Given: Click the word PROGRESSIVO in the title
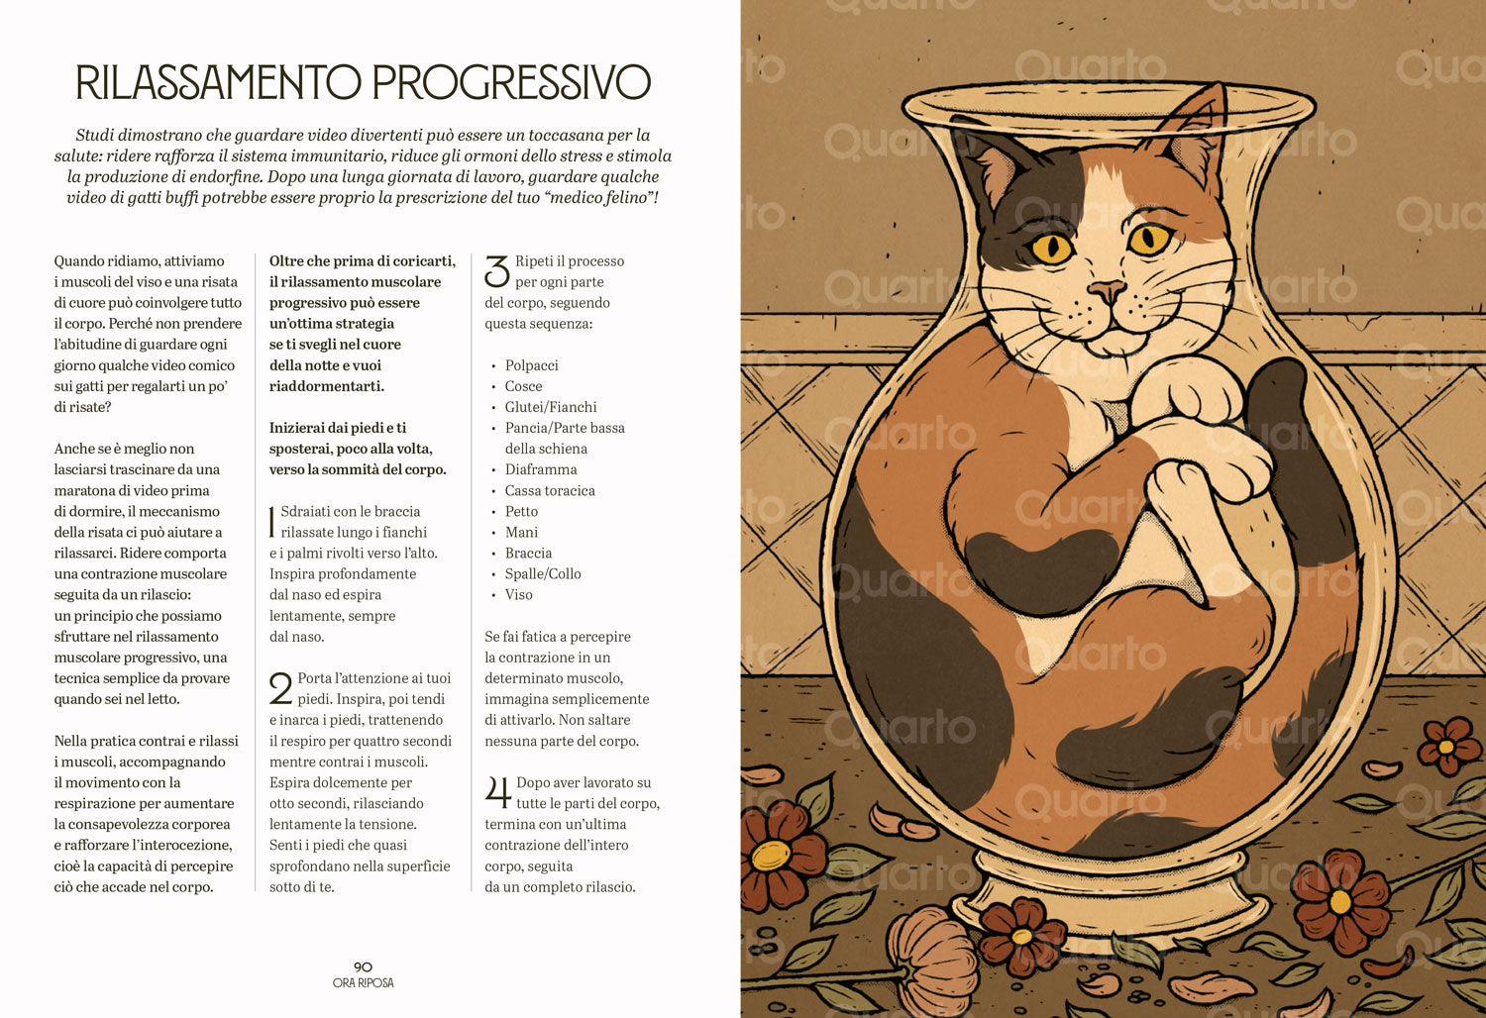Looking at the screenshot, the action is click(511, 82).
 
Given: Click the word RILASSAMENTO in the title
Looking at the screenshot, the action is click(218, 82).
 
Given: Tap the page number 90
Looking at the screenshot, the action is click(363, 967).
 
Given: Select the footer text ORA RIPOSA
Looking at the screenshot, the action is click(363, 983).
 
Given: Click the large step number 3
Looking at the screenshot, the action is click(497, 272).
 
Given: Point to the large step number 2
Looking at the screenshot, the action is click(281, 688).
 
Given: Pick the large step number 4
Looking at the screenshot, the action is click(497, 792).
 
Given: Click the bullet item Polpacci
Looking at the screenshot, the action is click(531, 365).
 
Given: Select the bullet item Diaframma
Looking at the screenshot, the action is click(541, 469).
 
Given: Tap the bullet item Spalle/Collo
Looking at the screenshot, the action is click(543, 573).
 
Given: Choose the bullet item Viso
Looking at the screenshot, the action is click(519, 595).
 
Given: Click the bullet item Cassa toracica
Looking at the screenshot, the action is click(550, 491).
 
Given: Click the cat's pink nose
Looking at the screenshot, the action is click(1106, 290).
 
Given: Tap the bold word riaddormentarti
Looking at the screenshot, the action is click(326, 386).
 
